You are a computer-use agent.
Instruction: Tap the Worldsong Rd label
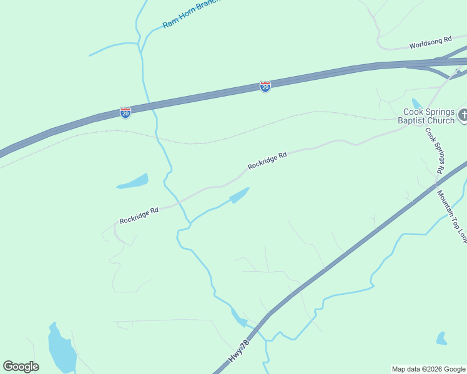[430, 42]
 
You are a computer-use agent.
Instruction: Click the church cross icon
[463, 115]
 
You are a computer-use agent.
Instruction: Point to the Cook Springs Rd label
[435, 150]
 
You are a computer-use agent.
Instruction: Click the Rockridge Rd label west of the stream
[139, 216]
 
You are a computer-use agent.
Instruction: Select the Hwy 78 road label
[239, 351]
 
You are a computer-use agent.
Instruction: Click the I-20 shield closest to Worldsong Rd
[265, 87]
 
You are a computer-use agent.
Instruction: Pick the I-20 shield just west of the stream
[125, 113]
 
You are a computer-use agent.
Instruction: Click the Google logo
[21, 367]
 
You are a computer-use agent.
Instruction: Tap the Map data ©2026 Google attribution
[428, 369]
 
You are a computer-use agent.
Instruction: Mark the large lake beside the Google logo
[61, 349]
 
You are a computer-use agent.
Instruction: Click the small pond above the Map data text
[441, 338]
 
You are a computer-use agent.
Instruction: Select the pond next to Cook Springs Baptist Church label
[416, 104]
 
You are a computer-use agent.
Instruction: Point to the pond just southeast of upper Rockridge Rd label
[239, 195]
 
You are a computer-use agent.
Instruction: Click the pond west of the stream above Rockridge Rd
[133, 182]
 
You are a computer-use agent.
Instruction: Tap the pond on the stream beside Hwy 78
[238, 319]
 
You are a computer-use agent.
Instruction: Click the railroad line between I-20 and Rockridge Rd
[206, 142]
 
